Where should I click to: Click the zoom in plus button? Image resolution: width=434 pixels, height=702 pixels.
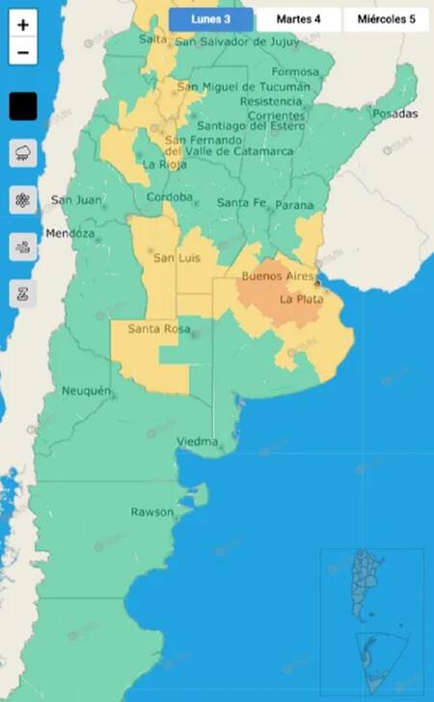coord(23,24)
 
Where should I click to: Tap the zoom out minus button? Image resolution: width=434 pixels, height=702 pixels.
coord(23,53)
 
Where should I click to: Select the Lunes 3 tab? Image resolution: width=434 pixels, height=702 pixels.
coord(210,19)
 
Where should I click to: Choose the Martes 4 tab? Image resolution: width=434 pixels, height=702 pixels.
coord(299,19)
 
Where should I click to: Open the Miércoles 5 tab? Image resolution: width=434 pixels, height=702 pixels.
coord(386,19)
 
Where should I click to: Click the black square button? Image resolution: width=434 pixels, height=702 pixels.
coord(23,106)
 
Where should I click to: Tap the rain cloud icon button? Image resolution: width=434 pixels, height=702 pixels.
coord(23,153)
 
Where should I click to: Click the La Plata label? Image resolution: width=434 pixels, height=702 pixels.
coord(301,299)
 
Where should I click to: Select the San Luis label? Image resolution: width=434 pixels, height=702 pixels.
coord(176,257)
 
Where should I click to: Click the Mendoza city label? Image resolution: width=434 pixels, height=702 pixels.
coord(69,234)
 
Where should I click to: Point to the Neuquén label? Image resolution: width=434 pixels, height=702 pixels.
coord(86,391)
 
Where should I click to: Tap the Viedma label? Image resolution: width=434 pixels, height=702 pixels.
coord(198,442)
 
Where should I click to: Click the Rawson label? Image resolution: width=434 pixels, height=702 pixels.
coord(151,511)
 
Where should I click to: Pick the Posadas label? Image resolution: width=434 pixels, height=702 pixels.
coord(396,114)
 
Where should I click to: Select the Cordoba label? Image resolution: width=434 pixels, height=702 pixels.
coord(169,197)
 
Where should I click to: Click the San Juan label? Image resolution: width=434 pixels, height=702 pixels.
coord(74,200)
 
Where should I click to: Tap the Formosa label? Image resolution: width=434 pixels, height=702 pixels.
coord(294,72)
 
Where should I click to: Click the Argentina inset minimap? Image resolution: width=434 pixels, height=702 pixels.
coord(371,617)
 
